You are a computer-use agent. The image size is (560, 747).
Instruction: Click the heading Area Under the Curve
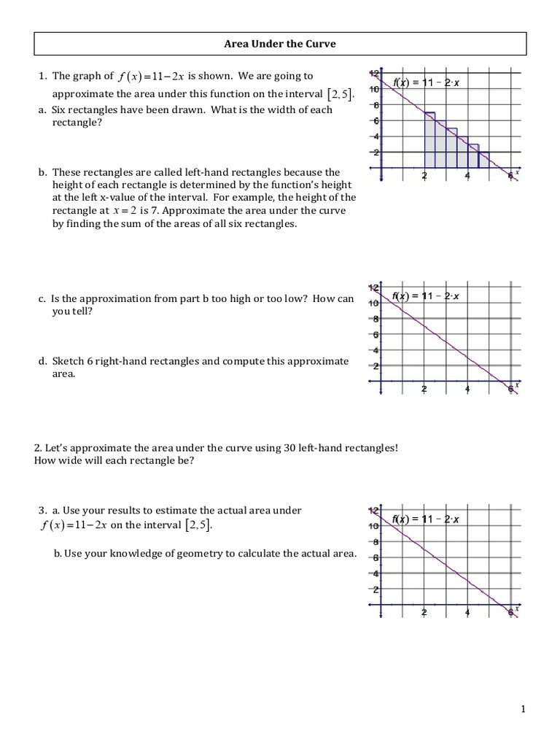279,44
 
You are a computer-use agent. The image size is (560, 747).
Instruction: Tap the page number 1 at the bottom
523,709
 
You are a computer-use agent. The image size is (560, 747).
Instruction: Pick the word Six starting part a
61,110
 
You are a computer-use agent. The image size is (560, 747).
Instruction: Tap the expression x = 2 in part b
112,211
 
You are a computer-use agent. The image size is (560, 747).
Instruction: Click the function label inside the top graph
426,83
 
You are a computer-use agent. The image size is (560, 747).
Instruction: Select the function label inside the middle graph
426,296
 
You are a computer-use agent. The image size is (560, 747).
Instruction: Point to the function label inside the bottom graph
426,519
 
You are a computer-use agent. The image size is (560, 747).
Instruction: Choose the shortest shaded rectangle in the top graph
484,160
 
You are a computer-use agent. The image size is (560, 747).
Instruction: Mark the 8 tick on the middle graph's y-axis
376,320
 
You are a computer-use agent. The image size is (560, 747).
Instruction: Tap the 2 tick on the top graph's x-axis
424,175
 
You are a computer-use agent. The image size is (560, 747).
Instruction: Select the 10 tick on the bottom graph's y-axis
374,526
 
